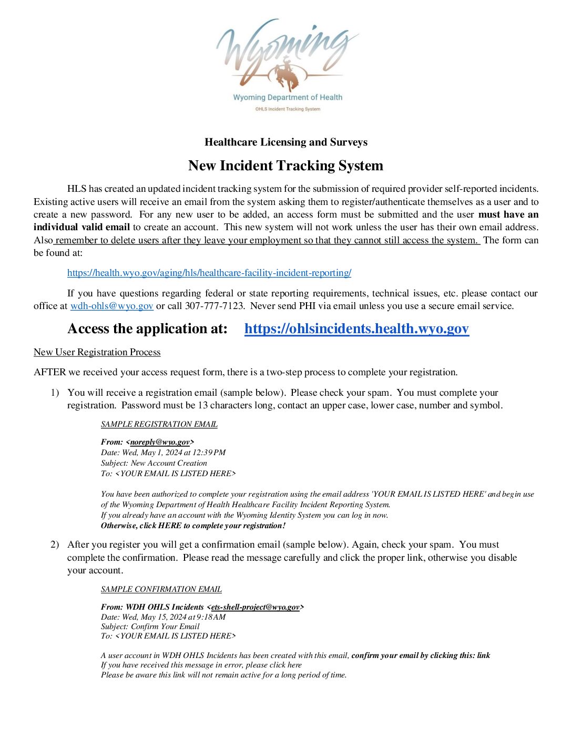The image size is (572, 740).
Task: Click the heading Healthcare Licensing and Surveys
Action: pos(286,142)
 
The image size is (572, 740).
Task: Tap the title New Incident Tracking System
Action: pos(285,166)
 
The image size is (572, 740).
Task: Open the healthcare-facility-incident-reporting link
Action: pos(209,273)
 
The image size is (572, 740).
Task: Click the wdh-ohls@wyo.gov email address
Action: pos(112,306)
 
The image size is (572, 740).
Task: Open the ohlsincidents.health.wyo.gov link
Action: pos(356,329)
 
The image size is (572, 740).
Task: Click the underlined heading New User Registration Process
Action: pos(97,352)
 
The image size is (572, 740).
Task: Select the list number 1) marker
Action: pos(55,393)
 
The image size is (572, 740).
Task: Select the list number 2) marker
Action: pos(55,544)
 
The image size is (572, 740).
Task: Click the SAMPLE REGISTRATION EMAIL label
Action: pos(159,424)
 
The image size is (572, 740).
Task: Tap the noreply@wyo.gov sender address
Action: pos(160,442)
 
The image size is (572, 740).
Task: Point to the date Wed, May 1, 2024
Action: pos(150,453)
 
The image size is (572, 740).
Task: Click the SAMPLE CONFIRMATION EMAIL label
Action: pos(161,589)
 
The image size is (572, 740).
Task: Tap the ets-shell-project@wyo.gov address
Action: pos(255,607)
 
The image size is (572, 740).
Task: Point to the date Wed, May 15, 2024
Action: pos(153,617)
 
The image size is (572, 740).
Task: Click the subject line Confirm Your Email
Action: pos(165,626)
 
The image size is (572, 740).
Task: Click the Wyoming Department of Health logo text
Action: pos(288,97)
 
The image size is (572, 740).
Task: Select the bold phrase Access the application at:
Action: pos(148,329)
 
